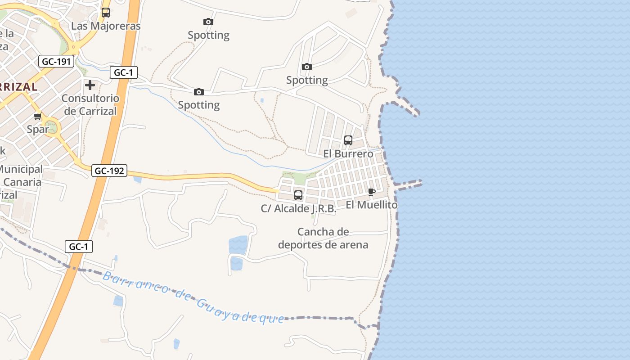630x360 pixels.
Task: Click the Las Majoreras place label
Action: (x=106, y=26)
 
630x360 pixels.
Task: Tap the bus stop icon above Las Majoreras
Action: (x=106, y=13)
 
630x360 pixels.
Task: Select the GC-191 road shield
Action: (x=56, y=61)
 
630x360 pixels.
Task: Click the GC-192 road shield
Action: (x=109, y=171)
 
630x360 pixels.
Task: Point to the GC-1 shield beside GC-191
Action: (x=123, y=72)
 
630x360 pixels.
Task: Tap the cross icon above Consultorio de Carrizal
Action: (x=90, y=85)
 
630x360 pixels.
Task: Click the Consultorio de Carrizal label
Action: (x=90, y=104)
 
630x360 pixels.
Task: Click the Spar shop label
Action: (x=38, y=130)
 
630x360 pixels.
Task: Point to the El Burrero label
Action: (x=348, y=153)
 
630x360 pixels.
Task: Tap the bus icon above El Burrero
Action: (x=348, y=140)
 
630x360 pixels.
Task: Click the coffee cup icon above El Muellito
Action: (x=372, y=192)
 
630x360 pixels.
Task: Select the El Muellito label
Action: (x=372, y=205)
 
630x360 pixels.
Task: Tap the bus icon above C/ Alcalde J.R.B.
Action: (x=298, y=195)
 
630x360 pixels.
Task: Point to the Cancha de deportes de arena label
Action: (x=323, y=238)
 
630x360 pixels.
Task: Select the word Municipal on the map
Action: (x=21, y=170)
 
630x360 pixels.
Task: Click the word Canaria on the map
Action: (x=22, y=182)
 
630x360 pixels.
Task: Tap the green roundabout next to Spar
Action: (x=52, y=126)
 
